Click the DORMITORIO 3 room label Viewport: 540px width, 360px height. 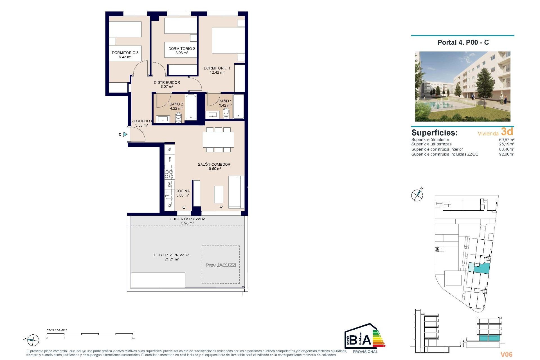click(125, 53)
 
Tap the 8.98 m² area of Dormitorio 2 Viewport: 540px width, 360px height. click(182, 53)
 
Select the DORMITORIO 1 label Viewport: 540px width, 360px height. click(217, 68)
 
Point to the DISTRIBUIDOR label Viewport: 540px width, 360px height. click(167, 82)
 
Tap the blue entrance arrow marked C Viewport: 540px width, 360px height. click(125, 134)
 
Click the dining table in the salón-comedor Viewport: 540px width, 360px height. click(218, 139)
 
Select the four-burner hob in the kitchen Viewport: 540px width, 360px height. click(169, 174)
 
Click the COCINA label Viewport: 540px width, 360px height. click(183, 191)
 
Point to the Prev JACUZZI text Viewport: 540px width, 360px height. click(221, 265)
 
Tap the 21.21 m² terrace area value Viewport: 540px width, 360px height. click(172, 259)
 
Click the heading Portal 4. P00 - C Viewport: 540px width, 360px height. click(463, 42)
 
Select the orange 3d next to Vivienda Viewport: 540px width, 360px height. click(507, 132)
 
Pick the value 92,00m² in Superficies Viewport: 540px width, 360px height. click(507, 154)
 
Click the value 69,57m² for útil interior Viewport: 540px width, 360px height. click(507, 139)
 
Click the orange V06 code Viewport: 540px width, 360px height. click(506, 354)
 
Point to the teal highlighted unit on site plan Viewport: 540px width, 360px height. click(482, 268)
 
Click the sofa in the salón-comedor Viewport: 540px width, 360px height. click(236, 192)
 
